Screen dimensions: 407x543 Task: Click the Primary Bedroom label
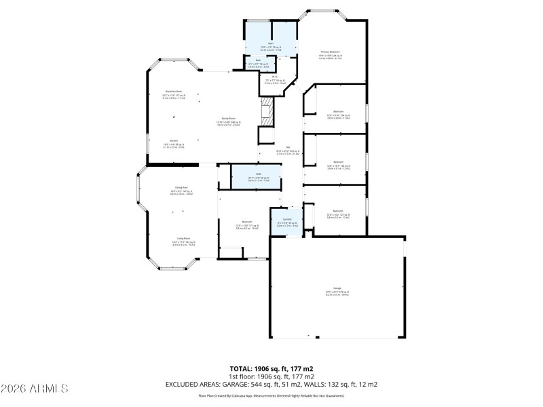click(329, 52)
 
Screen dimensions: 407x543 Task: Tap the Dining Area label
click(181, 187)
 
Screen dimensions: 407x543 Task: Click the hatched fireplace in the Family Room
click(266, 111)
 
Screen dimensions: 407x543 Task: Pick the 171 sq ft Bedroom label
click(248, 222)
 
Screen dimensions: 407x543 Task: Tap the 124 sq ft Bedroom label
click(338, 111)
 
